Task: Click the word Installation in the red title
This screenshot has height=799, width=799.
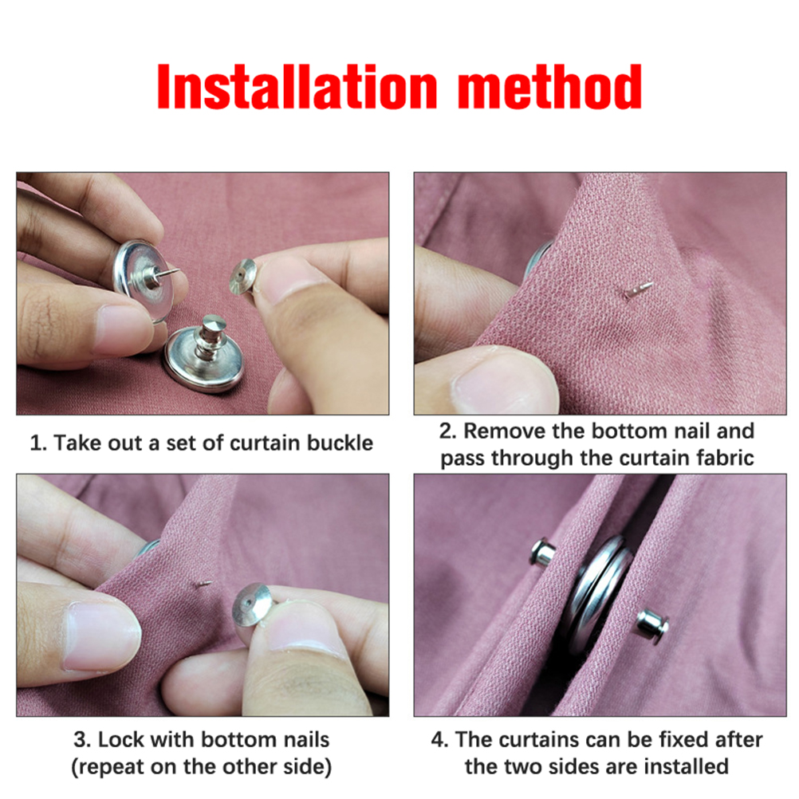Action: (297, 87)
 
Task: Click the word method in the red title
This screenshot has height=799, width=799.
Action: (549, 87)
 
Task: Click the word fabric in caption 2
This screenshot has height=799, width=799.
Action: (723, 458)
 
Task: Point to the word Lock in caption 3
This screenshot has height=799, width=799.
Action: (120, 739)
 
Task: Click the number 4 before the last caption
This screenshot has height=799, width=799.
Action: (439, 740)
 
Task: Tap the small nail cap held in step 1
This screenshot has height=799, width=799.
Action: (242, 277)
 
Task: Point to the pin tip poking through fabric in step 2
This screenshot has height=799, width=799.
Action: (638, 289)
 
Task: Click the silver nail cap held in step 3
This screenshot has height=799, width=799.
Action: (252, 605)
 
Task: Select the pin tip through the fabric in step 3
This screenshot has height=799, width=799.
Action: (204, 584)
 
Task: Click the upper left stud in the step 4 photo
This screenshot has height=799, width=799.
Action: (543, 552)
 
